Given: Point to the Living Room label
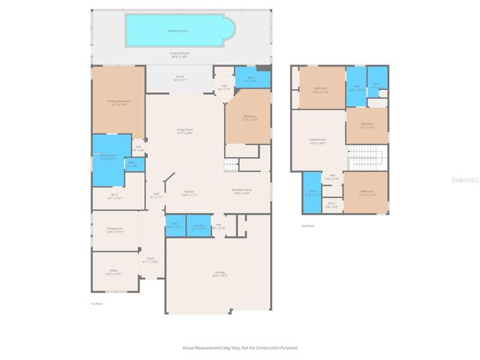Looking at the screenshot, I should tap(185, 131).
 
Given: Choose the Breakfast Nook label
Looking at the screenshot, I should tap(241, 191).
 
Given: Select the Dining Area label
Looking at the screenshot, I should tap(114, 230).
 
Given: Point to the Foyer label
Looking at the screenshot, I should tap(150, 260).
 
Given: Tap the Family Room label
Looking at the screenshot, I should tap(317, 140).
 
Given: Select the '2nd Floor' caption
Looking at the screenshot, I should tap(306, 225).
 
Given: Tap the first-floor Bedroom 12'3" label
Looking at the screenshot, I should tap(250, 118).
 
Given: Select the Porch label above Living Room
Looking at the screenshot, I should tap(181, 77).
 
